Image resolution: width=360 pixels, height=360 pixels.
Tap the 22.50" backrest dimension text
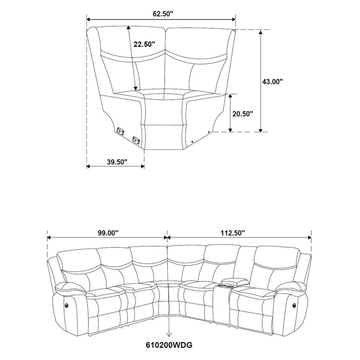144,45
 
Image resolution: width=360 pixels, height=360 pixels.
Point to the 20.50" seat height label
242,114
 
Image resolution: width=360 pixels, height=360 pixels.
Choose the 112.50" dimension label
232,233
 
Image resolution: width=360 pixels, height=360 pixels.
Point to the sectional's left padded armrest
72,286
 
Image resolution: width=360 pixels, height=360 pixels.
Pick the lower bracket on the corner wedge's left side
136,139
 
